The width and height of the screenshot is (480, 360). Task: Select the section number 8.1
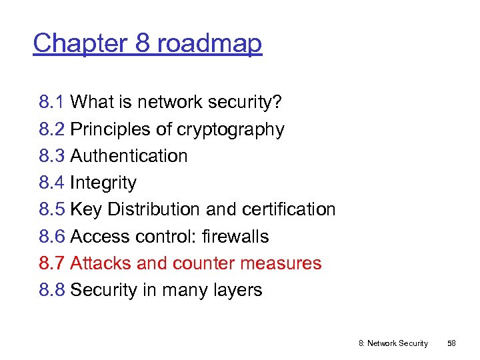coord(51,103)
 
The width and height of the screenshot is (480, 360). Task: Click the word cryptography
coord(230,130)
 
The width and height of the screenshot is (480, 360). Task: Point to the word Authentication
coord(129,156)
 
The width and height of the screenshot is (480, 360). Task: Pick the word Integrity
coord(103,183)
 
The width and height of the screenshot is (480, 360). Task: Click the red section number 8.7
coord(51,263)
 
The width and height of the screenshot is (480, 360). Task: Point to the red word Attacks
coord(101,263)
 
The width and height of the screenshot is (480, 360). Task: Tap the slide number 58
coord(451,343)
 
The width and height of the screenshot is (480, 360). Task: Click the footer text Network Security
coord(397,343)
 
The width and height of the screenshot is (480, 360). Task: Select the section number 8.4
coord(51,183)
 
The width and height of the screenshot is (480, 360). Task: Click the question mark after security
coord(278,103)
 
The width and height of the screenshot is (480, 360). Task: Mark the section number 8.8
coord(51,291)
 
